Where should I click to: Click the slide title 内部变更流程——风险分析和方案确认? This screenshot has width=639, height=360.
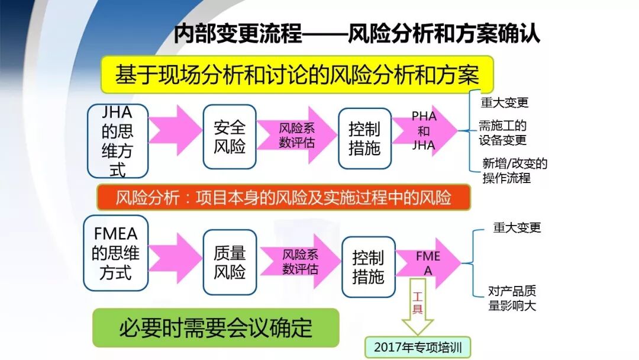(x=357, y=34)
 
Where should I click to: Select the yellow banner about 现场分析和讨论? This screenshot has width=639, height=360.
(x=297, y=75)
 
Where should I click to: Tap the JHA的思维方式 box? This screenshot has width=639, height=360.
(x=117, y=141)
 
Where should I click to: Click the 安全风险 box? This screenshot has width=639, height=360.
(x=230, y=137)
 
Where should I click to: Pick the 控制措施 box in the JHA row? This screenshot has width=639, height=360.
(x=364, y=139)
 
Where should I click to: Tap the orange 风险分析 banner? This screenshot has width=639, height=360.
(x=283, y=197)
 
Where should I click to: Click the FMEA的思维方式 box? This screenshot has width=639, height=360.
(x=115, y=253)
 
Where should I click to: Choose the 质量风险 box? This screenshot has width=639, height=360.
(x=230, y=262)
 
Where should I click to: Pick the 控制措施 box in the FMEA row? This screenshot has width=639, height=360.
(x=368, y=267)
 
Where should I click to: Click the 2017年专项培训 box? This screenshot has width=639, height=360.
(x=418, y=347)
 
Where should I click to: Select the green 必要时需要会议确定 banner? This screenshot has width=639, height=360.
(x=216, y=327)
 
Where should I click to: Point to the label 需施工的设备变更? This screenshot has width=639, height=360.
(x=503, y=133)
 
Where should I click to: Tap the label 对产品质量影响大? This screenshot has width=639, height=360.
(x=512, y=298)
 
